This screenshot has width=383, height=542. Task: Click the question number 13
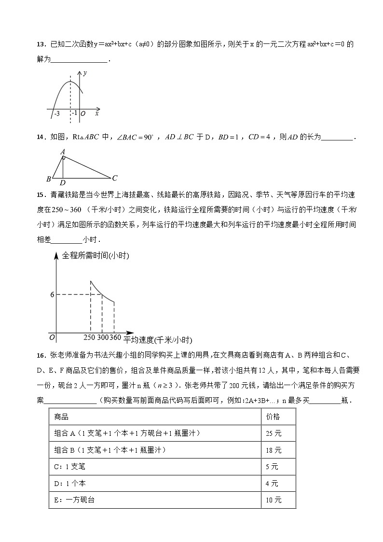pyautogui.click(x=41, y=45)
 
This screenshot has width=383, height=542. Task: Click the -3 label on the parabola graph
pyautogui.click(x=56, y=113)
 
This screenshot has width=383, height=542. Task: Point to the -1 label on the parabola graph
pyautogui.click(x=74, y=113)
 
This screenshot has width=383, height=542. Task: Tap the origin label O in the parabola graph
pyautogui.click(x=83, y=114)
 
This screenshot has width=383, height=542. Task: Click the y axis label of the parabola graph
pyautogui.click(x=85, y=73)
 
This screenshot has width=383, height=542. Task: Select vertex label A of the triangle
pyautogui.click(x=63, y=152)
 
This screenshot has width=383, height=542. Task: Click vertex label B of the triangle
pyautogui.click(x=49, y=179)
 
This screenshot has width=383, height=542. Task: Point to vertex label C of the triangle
pyautogui.click(x=114, y=177)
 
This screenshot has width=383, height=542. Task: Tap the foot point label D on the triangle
pyautogui.click(x=63, y=183)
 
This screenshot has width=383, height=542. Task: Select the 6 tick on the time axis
pyautogui.click(x=52, y=294)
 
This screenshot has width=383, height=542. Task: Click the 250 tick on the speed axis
pyautogui.click(x=90, y=337)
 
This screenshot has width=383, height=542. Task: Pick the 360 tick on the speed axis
pyautogui.click(x=115, y=337)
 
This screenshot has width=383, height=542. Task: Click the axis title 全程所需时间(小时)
pyautogui.click(x=96, y=256)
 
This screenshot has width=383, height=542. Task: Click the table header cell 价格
pyautogui.click(x=273, y=417)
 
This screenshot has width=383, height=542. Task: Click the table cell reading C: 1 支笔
pyautogui.click(x=70, y=467)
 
